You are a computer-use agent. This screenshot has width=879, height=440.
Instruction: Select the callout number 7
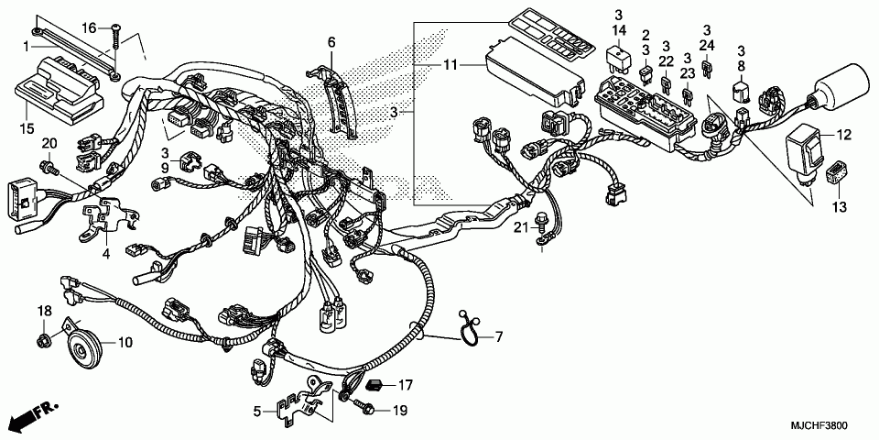500,338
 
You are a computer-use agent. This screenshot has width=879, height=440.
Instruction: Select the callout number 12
844,136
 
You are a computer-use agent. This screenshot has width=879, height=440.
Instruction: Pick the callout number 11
449,66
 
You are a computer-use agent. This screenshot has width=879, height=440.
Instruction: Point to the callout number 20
49,142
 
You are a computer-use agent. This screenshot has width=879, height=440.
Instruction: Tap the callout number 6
331,41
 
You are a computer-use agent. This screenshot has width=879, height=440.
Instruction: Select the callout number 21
520,227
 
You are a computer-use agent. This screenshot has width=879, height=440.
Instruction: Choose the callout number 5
257,411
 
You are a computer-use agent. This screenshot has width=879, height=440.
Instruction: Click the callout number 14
619,31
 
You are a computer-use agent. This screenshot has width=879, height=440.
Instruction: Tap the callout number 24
708,45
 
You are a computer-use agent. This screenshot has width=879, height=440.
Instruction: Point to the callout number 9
165,168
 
